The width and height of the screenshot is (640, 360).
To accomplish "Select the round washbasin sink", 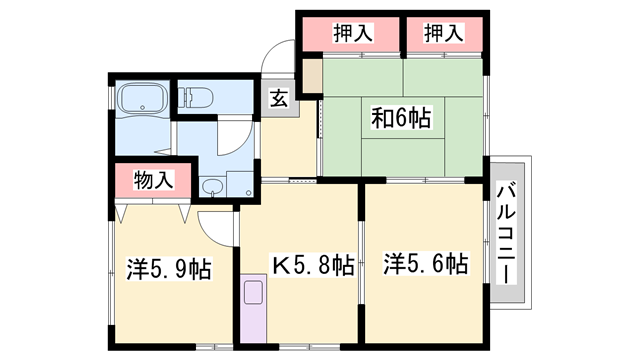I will click(x=213, y=187).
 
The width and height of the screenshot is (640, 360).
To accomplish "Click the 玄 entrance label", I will click(x=278, y=99).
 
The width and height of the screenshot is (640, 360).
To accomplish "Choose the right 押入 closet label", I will click(x=444, y=34).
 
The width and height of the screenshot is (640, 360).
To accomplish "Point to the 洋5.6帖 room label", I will click(x=424, y=265).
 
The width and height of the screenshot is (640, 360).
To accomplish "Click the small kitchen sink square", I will click(x=253, y=294).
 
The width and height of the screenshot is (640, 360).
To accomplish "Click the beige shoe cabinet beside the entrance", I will click(x=312, y=74).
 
